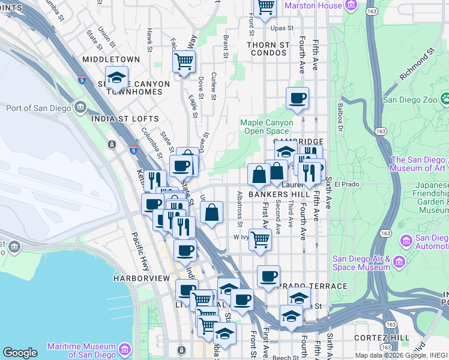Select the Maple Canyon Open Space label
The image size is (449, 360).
pos(267,127)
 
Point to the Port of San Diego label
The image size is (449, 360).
pos(39,109)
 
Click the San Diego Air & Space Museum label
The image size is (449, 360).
pos(361,263)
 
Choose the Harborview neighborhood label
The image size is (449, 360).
pos(142,279)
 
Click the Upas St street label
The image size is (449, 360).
pos(282,28)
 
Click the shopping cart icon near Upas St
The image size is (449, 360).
pos(265,8)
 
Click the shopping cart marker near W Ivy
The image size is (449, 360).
pos(260,239)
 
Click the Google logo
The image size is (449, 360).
pos(20,353)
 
